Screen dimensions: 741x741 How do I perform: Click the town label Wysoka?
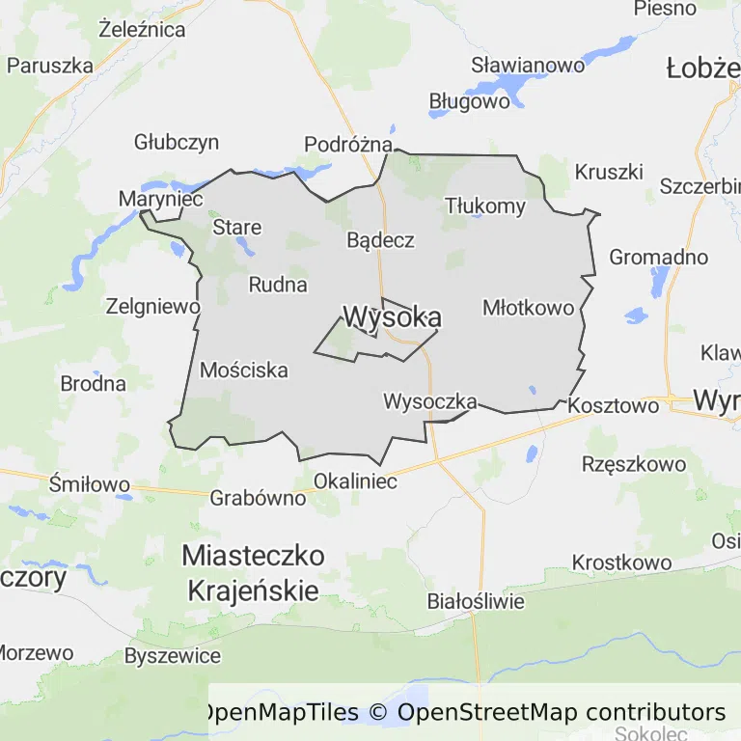point(393,317)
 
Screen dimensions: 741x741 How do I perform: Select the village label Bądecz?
point(381,240)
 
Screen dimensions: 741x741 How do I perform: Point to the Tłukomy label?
point(485,206)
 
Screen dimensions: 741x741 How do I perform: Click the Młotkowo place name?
point(528,308)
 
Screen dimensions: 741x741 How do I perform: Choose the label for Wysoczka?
point(430,400)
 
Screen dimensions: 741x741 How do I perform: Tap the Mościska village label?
point(244,370)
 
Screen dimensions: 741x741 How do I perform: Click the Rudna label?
point(278,285)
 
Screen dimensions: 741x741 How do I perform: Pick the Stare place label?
point(236,228)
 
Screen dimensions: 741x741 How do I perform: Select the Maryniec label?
point(160,199)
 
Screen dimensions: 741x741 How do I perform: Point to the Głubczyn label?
point(177,143)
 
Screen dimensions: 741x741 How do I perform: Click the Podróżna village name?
point(348,145)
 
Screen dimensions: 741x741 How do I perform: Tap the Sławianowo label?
point(528,66)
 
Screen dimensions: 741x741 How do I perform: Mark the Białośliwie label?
point(476,602)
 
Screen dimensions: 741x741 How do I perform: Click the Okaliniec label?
point(356,481)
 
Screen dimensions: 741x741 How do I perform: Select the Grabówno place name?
point(258,499)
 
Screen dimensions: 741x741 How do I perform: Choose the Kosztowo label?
point(614,406)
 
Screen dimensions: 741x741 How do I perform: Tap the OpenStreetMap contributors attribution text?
point(562,713)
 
